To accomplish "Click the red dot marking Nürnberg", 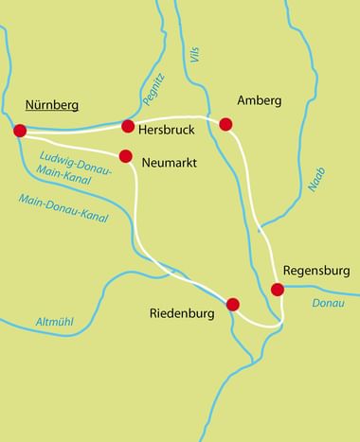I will click(x=19, y=131).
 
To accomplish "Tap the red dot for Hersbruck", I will click(x=128, y=125).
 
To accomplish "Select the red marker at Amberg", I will click(x=225, y=124).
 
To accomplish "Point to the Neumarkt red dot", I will click(x=125, y=156).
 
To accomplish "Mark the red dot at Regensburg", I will click(x=278, y=290).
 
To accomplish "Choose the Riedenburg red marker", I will click(x=233, y=304).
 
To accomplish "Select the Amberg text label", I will click(x=260, y=101).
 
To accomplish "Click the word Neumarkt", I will click(x=170, y=163).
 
